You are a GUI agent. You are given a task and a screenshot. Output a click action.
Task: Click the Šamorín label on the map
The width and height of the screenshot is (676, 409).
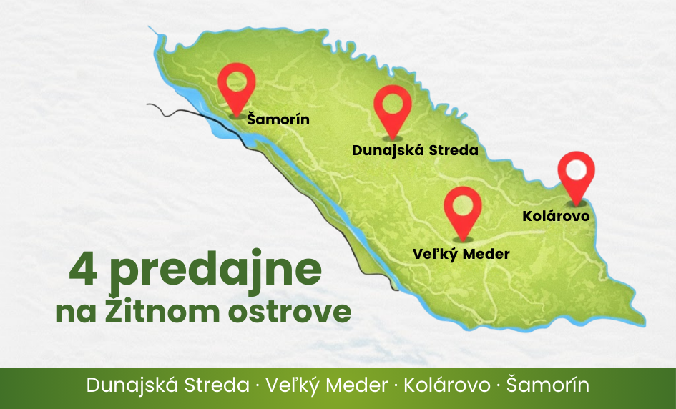278,119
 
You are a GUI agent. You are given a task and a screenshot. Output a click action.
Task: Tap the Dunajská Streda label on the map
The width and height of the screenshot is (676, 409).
415,151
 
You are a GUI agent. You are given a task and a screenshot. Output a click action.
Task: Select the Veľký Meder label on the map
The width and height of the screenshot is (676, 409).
461,254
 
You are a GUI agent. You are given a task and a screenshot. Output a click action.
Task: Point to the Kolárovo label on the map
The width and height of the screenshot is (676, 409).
556,215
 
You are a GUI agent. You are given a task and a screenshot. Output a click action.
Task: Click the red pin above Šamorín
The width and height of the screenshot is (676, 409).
237,86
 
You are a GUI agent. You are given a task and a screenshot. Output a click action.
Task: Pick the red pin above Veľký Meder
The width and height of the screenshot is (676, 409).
462,209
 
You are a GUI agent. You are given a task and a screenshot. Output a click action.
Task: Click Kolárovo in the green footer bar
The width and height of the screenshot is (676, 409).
447,385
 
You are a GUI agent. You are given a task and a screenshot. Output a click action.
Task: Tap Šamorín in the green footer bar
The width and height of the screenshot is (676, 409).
548,385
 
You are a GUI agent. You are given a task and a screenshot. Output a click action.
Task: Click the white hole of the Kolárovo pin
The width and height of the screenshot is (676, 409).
577,169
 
